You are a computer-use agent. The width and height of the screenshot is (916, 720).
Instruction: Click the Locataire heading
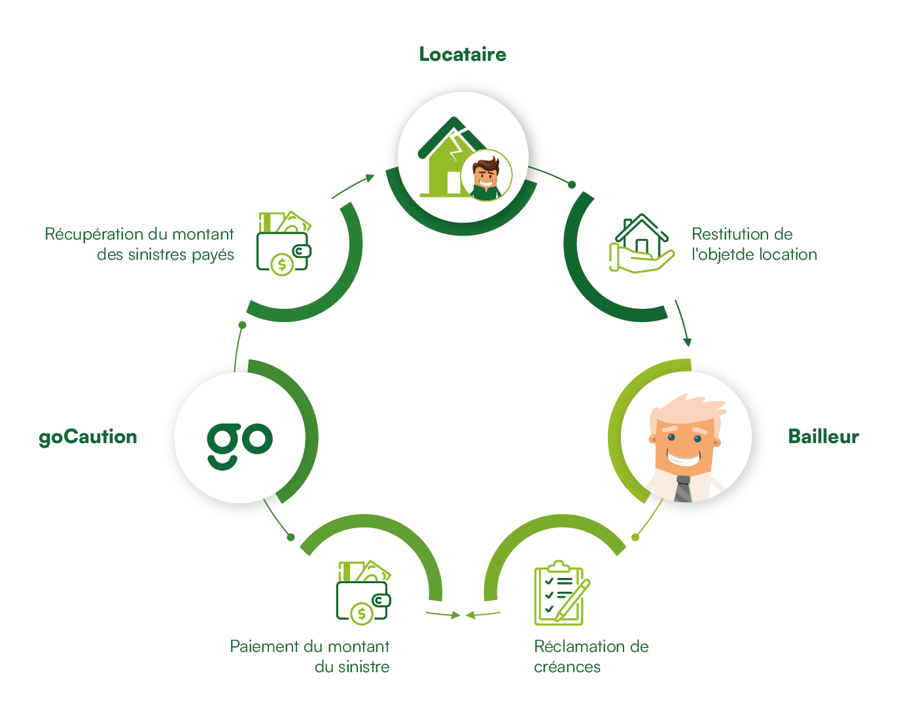click(463, 54)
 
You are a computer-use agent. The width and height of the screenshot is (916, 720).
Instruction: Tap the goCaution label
click(88, 437)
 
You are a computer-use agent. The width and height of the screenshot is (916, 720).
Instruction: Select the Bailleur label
click(823, 437)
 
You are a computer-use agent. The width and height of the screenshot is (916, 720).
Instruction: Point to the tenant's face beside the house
click(486, 175)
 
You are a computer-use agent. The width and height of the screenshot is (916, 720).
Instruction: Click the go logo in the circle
click(239, 446)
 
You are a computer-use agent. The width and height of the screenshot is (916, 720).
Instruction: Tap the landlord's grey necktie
click(683, 489)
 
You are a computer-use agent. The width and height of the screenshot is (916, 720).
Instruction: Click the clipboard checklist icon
click(562, 593)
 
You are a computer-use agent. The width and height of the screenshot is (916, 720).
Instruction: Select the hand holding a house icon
click(641, 243)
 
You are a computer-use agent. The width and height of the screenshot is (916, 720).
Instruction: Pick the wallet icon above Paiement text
click(363, 593)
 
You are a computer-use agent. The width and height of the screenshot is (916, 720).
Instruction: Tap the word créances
click(567, 667)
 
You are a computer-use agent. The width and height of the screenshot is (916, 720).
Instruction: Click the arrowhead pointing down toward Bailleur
click(687, 342)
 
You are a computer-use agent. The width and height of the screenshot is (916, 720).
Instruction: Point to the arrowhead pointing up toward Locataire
click(370, 178)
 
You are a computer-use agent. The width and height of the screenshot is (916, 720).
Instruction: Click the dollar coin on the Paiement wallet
click(361, 614)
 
